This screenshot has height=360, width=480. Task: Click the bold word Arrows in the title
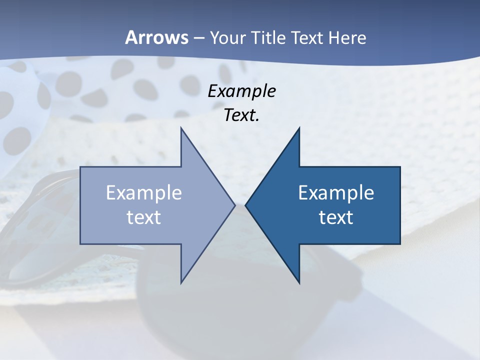[156, 37]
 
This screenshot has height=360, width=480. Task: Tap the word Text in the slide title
[307, 37]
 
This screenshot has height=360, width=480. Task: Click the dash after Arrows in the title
[198, 38]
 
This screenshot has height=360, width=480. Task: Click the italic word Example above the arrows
[241, 91]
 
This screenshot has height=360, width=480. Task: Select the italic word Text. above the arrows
[241, 115]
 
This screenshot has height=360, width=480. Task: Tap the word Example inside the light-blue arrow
[144, 193]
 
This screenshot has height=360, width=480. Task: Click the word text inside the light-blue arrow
[144, 217]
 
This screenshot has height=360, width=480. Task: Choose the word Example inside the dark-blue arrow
[336, 193]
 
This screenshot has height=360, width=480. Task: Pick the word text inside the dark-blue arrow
[336, 217]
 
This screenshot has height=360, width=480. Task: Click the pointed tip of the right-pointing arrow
[234, 205]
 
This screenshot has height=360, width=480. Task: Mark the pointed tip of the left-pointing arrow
[245, 205]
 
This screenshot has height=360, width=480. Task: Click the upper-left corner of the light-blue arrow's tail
[81, 167]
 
